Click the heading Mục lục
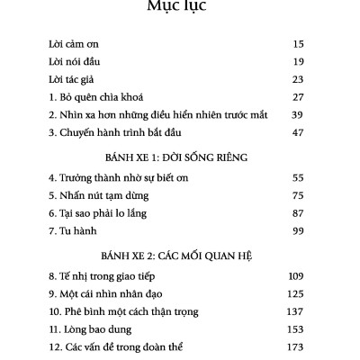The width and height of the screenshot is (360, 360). (x=180, y=9)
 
